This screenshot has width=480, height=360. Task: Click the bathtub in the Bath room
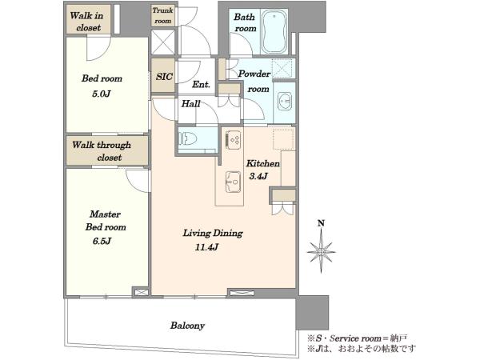(x=274, y=32)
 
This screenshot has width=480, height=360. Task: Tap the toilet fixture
(x=188, y=138)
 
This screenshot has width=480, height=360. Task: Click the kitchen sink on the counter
(x=234, y=182)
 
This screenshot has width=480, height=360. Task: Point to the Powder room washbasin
(x=285, y=101)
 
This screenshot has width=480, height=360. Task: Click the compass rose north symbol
(x=321, y=252)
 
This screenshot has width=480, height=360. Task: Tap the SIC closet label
(x=164, y=76)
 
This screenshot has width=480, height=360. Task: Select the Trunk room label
(x=162, y=15)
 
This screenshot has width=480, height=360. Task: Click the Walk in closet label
(x=86, y=22)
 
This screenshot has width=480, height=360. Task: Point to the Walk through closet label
(x=102, y=151)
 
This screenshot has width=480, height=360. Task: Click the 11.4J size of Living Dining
(x=206, y=246)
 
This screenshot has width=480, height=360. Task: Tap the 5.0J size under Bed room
(x=101, y=94)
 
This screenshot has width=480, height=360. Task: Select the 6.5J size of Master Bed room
(x=102, y=241)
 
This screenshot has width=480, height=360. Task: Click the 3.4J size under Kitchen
(x=258, y=176)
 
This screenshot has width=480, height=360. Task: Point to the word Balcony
(x=187, y=326)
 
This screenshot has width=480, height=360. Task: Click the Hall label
(x=190, y=104)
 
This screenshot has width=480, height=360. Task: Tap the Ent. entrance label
(x=201, y=84)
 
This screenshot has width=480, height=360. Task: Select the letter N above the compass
(x=321, y=223)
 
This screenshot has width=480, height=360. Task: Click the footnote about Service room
(x=358, y=338)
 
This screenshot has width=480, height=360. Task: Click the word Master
(x=105, y=214)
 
